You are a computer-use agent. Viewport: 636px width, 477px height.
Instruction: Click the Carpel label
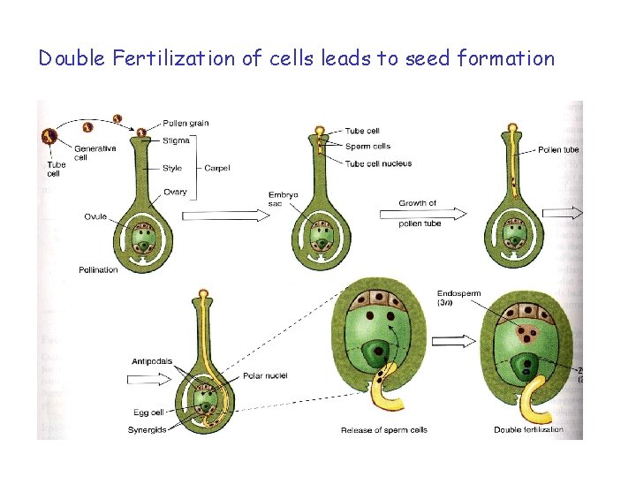click(217, 168)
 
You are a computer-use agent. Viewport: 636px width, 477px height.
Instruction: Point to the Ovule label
click(96, 216)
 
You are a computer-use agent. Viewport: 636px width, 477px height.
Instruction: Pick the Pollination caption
click(98, 269)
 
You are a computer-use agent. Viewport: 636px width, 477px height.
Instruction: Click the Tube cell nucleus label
click(378, 163)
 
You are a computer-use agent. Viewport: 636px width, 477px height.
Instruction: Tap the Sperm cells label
click(367, 147)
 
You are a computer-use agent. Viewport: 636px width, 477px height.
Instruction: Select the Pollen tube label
click(558, 150)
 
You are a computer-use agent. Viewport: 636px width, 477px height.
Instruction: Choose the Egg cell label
click(148, 413)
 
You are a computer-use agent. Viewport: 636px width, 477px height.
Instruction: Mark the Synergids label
click(146, 429)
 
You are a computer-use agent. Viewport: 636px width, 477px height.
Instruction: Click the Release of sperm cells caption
click(383, 430)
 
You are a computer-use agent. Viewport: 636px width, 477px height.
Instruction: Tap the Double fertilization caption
click(528, 430)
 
